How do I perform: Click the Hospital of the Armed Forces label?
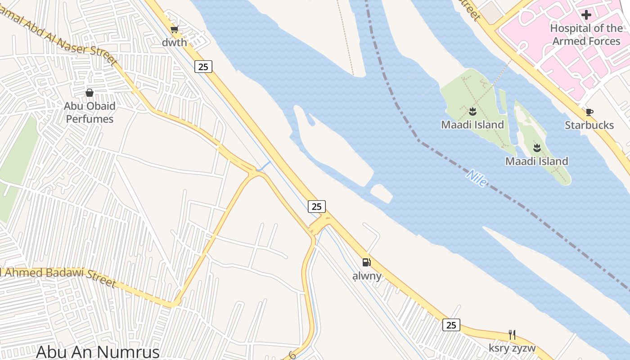tap(586, 35)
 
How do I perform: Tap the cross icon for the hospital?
tap(586, 15)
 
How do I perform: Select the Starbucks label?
tap(589, 125)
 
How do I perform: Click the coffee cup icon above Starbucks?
tap(589, 112)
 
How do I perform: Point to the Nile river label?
tap(477, 178)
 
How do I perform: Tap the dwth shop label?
tap(175, 43)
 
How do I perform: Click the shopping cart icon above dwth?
tap(174, 30)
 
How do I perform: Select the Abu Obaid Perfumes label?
tap(90, 112)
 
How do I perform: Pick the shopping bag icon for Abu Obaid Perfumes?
tap(90, 93)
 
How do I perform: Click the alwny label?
tap(367, 276)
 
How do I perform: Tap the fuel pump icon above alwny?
tap(367, 262)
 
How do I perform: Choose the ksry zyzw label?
tap(512, 348)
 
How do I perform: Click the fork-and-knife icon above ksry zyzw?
tap(512, 334)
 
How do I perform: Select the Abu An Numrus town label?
tap(98, 351)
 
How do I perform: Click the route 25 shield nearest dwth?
tap(203, 67)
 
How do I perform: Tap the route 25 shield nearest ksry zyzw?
tap(451, 324)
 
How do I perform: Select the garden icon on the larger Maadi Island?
tap(472, 111)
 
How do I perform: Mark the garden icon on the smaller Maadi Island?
tap(537, 147)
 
